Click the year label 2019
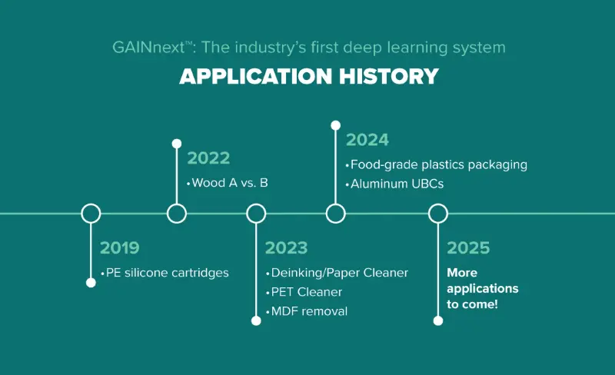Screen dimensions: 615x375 120,248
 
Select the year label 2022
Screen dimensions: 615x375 208,158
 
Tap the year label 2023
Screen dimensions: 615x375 286,248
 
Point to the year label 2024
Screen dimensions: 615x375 367,140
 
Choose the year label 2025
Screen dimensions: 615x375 468,248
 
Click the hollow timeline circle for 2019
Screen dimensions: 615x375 91,204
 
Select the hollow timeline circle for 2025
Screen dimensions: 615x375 438,204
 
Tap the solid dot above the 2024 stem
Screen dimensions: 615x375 336,125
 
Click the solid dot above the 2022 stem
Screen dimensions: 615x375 177,144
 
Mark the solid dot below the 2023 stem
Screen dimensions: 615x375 256,321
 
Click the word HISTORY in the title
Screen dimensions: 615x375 389,76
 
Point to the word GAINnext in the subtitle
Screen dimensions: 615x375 148,48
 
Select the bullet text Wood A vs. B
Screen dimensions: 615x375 230,183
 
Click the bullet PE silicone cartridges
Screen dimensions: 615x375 167,273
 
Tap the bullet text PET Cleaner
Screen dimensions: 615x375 307,292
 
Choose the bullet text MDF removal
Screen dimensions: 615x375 310,311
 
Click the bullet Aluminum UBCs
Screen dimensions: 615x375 397,184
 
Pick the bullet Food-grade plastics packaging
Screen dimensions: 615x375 439,164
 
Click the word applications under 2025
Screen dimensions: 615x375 483,289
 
